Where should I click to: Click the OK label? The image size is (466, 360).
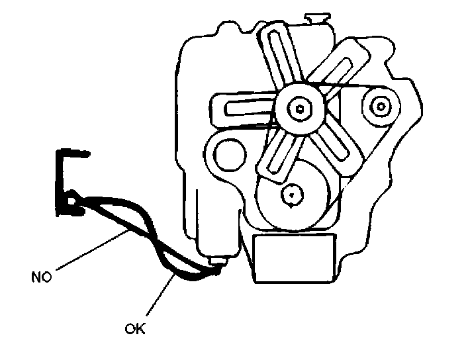coord(134,327)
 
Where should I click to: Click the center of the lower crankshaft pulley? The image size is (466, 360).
coord(292,193)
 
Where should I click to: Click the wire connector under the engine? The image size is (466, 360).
coord(218,267)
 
